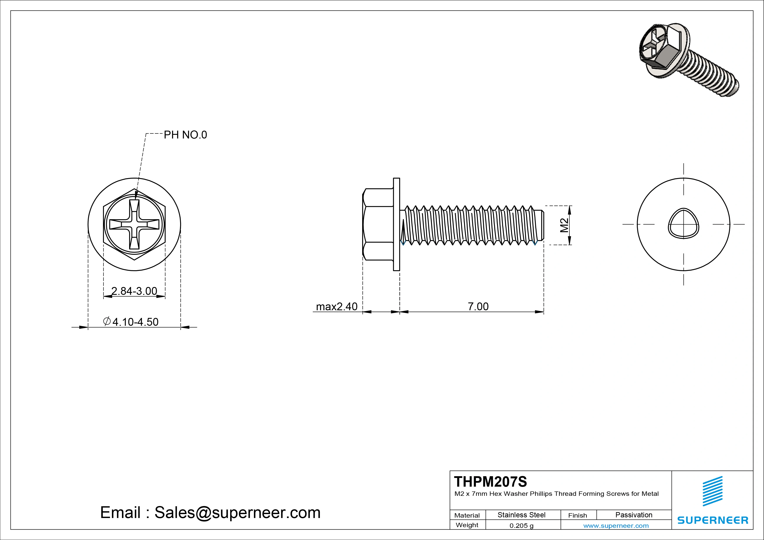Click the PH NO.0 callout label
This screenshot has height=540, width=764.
click(185, 135)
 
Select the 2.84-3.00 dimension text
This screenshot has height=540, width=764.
click(134, 291)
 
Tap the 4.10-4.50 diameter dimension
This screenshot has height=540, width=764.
click(135, 322)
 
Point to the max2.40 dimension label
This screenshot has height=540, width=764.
click(336, 306)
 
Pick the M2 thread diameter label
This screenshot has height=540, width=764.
click(564, 225)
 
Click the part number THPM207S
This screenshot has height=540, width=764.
click(490, 481)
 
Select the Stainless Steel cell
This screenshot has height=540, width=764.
click(521, 515)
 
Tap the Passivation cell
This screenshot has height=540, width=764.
click(634, 515)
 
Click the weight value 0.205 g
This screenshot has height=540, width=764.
click(521, 526)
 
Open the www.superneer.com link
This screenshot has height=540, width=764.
click(616, 526)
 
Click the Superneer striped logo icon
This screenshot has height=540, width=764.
click(712, 491)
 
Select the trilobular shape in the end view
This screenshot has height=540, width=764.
click(683, 224)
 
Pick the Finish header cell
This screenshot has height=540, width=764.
click(577, 515)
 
